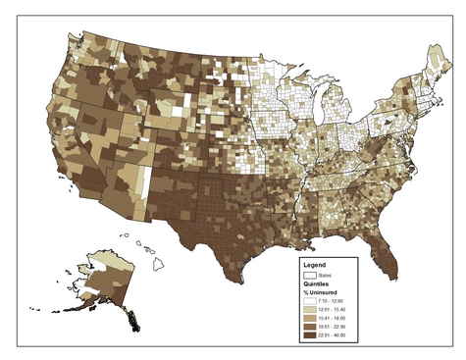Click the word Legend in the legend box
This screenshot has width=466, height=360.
tap(315, 265)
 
